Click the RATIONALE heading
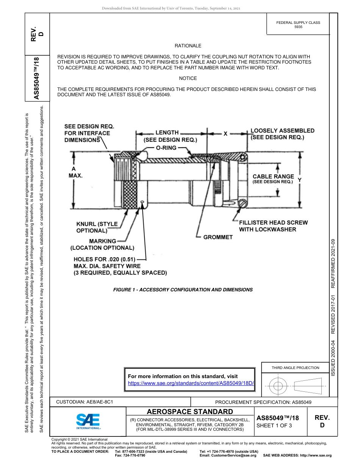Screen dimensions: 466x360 188,46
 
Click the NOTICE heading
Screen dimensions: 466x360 188,78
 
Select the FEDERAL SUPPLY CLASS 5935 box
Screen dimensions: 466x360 298,25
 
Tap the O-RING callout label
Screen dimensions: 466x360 166,147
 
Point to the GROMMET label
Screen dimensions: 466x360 218,237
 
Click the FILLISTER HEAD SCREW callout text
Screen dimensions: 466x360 273,226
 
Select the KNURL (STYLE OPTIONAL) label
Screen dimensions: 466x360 97,227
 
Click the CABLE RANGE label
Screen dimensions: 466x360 273,177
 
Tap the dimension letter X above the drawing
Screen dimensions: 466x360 225,134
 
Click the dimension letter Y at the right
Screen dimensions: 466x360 299,180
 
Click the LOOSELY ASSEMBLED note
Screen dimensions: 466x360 282,134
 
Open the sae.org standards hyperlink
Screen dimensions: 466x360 191,383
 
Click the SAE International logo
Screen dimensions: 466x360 88,421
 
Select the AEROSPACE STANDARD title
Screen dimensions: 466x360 190,411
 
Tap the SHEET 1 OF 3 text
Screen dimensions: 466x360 275,426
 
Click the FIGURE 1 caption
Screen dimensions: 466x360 183,289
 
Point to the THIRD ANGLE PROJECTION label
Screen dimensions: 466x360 295,367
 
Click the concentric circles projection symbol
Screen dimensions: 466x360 278,386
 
